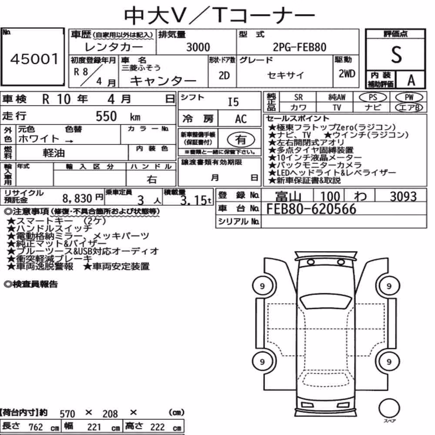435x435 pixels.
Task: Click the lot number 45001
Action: tap(34, 59)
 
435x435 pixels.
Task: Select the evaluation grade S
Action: tap(396, 55)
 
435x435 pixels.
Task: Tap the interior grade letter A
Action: tap(411, 80)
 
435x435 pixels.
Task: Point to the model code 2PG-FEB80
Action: tap(299, 47)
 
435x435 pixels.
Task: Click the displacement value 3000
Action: tap(198, 47)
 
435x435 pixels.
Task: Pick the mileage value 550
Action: tap(106, 116)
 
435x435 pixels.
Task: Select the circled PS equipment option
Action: tap(373, 97)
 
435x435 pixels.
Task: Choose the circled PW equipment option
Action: tap(409, 97)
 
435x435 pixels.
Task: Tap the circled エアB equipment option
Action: tap(409, 107)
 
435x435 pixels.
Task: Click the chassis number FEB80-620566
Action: tap(311, 209)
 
